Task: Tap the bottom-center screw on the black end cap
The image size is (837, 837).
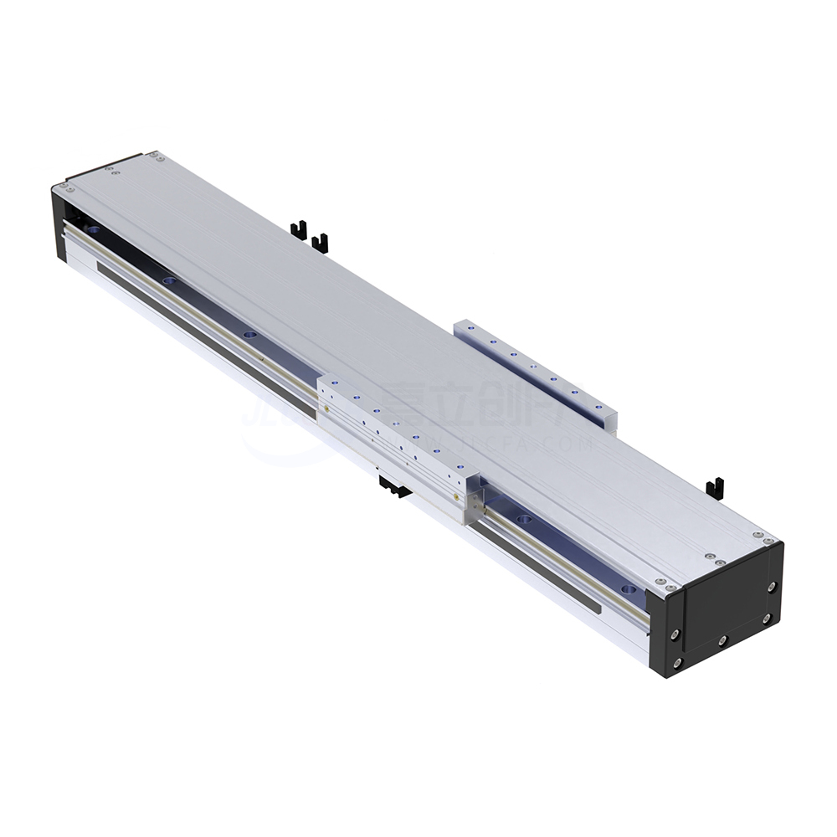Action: pyautogui.click(x=721, y=641)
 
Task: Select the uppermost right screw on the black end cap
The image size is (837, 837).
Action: pyautogui.click(x=772, y=586)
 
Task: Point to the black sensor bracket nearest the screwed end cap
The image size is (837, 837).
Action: pyautogui.click(x=714, y=487)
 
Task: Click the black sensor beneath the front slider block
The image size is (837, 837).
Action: pyautogui.click(x=393, y=486)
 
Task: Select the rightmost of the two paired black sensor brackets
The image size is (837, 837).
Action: pyautogui.click(x=319, y=243)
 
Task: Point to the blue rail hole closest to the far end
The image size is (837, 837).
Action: pyautogui.click(x=91, y=229)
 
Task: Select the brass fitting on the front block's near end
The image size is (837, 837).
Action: pyautogui.click(x=475, y=503)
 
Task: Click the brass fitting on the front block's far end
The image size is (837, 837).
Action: pyautogui.click(x=326, y=409)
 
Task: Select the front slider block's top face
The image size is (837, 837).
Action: pyautogui.click(x=393, y=427)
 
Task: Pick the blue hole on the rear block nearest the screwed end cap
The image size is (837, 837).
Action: pyautogui.click(x=594, y=405)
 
